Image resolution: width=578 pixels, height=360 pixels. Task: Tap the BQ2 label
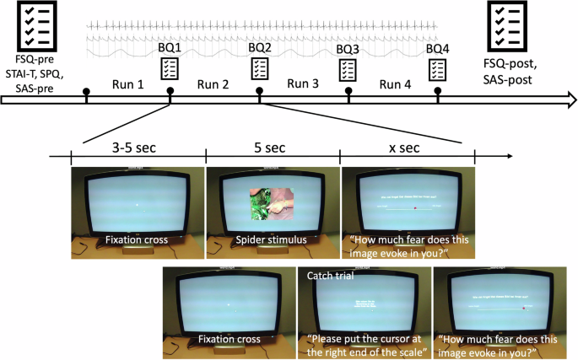[x=260, y=48]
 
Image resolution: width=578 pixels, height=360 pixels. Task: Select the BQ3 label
[x=348, y=50]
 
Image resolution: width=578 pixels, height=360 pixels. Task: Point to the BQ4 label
[x=438, y=48]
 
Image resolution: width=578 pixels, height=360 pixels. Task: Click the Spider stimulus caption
[x=273, y=240]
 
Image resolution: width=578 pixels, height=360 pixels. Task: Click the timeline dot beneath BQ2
[x=260, y=89]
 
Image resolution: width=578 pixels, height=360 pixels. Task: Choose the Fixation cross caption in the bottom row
[x=230, y=341]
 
